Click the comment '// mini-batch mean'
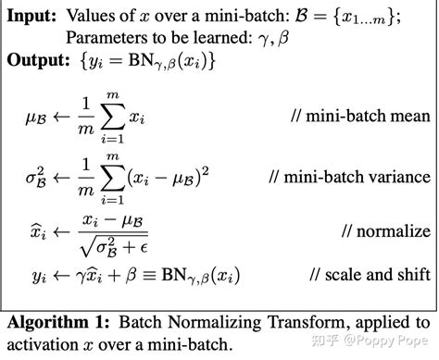pos(367,116)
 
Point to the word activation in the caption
pos(44,345)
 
